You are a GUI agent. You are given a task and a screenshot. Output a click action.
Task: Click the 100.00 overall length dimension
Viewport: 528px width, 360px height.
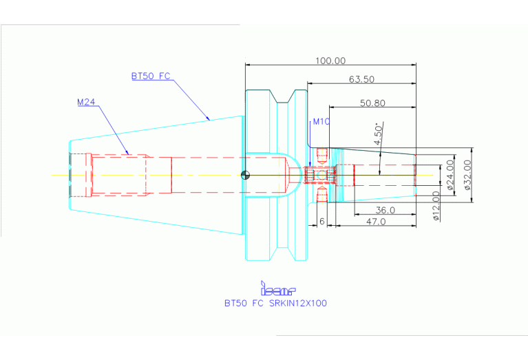330,61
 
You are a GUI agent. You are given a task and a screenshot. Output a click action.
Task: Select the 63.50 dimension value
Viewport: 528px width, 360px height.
361,79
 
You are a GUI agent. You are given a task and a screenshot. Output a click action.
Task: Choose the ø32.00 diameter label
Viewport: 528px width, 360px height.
467,175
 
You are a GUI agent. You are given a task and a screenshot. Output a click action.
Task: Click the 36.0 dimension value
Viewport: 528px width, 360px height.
384,209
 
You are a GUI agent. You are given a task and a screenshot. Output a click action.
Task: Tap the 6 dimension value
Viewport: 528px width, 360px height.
322,221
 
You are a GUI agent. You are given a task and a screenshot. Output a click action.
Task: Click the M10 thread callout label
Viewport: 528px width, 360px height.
321,122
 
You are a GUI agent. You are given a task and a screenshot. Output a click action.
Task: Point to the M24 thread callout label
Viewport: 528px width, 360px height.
86,102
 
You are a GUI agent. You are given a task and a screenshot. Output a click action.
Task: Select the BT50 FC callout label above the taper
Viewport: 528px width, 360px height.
150,76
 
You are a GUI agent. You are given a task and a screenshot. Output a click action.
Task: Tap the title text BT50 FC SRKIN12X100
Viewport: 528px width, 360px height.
275,303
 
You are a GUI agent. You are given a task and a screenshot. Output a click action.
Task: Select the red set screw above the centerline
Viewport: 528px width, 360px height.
322,153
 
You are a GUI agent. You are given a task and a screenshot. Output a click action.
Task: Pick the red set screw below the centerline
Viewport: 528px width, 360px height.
322,197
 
